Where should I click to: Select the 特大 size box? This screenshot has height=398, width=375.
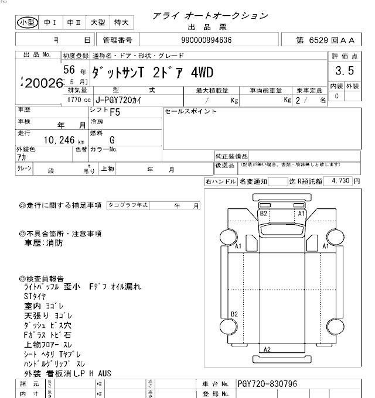point(122,22)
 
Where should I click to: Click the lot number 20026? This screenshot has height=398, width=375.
point(43,82)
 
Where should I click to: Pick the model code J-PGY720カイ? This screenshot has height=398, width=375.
point(121,100)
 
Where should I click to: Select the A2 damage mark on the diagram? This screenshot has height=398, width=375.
point(267,349)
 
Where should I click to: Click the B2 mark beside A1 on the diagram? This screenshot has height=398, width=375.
point(264,214)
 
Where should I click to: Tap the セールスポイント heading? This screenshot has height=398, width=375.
point(191,111)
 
